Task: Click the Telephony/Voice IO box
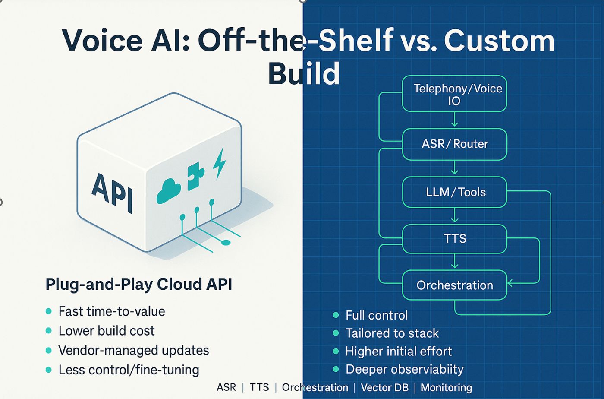454,94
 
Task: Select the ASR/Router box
454,144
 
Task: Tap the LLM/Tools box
454,192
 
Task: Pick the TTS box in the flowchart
454,238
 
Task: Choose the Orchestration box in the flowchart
454,285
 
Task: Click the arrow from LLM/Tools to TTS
454,215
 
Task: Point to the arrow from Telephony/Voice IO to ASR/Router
454,120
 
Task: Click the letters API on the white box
112,193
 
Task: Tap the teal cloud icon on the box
169,191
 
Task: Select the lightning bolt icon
219,164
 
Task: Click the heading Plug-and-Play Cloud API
138,285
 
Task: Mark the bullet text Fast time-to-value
112,311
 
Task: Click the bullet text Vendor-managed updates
134,350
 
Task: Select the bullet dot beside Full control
336,315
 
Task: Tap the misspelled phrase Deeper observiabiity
404,370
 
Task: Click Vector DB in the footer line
384,388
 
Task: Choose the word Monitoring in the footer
446,388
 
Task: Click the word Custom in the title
499,41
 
